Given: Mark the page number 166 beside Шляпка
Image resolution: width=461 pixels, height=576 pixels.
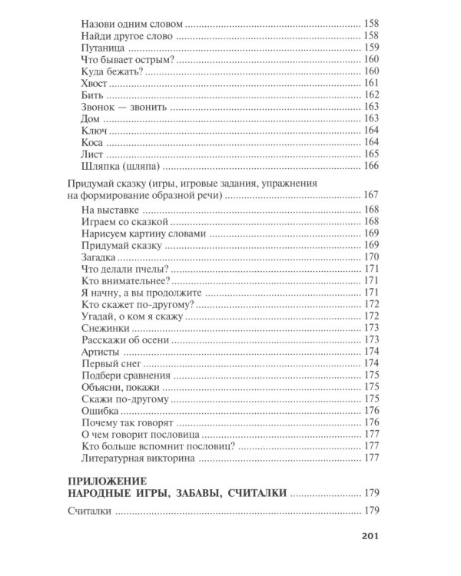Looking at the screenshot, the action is pyautogui.click(x=372, y=166).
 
